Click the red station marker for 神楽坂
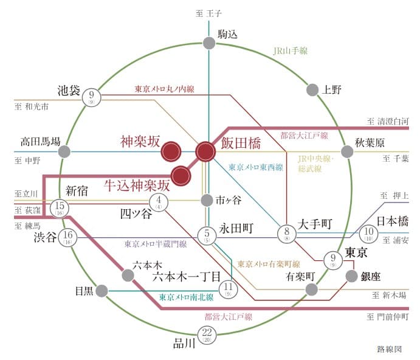click(171, 151)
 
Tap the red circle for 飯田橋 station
click(205, 151)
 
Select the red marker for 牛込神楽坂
click(181, 176)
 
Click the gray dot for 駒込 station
click(209, 43)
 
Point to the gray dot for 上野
click(312, 90)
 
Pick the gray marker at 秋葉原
click(347, 151)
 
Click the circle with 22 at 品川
click(207, 335)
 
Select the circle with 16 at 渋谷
click(67, 238)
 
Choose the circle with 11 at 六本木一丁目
click(228, 289)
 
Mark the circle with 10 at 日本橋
click(368, 233)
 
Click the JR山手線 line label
click(291, 50)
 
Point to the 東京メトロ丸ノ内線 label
click(165, 89)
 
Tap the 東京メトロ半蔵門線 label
click(156, 244)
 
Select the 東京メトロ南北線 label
click(186, 297)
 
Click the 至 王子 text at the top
click(208, 13)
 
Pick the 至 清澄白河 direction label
click(388, 122)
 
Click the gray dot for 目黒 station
click(102, 291)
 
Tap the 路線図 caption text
click(390, 349)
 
